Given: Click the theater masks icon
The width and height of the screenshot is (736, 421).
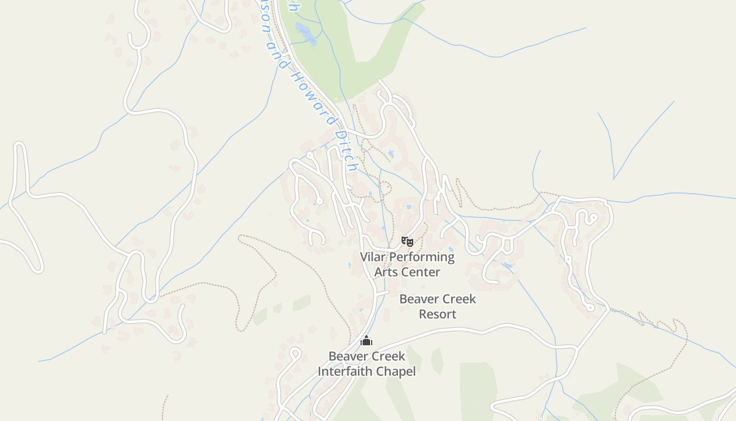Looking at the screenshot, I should coord(407,242).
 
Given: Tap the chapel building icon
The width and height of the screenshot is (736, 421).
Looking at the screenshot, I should coord(366,340).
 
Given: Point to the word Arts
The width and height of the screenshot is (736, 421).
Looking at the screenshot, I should coord(385,272).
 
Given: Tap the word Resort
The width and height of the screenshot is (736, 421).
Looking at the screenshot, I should coord(437,314).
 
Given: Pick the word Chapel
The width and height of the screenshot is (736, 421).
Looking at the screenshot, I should coord(398,372).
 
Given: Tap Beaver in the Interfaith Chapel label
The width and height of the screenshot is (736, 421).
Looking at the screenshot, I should coord(347,356).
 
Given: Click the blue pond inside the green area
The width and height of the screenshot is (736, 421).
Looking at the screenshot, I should coord(305,33).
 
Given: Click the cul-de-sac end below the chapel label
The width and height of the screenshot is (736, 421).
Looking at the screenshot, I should coord(295,353).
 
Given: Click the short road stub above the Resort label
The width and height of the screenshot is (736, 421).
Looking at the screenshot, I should coord(383,293).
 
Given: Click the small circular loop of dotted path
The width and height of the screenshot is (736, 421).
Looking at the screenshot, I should coord(385,188).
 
